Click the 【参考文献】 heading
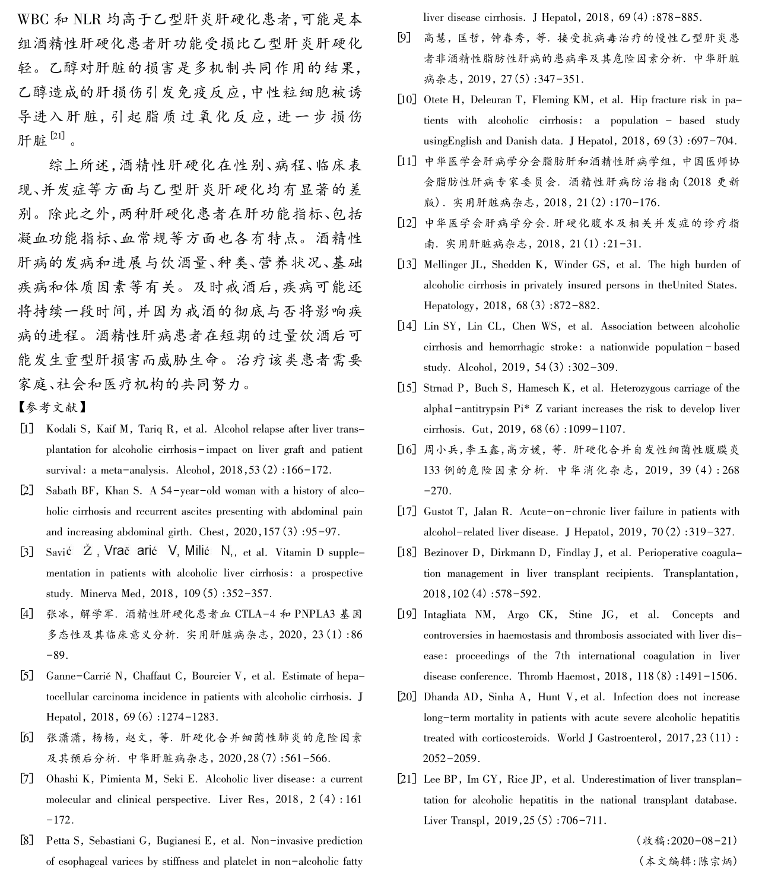pyautogui.click(x=53, y=407)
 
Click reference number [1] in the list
pyautogui.click(x=26, y=429)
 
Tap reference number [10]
pyautogui.click(x=407, y=100)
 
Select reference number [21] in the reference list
pyautogui.click(x=407, y=779)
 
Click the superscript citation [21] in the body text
pyautogui.click(x=58, y=136)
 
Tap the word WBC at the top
pyautogui.click(x=34, y=18)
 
